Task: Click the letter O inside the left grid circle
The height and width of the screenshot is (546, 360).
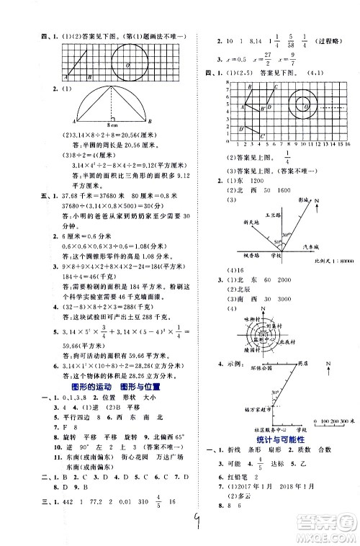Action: (128, 64)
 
